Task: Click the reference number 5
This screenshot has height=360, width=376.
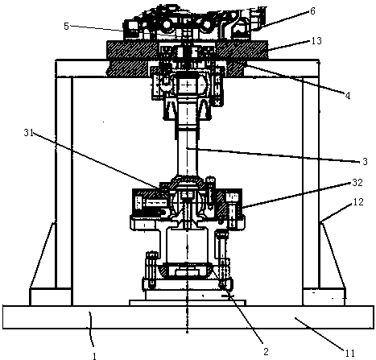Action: point(66,27)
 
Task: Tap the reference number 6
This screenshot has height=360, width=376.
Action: point(312,11)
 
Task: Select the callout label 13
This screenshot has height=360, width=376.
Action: point(316,41)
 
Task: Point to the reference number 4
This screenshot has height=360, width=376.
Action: point(348,95)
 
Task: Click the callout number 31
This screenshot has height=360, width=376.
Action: point(29,132)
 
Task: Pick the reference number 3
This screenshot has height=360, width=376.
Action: point(365,162)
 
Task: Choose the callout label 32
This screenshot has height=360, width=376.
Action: point(357,183)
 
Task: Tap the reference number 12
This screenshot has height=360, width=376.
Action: point(358,202)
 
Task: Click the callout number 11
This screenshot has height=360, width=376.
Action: point(349,353)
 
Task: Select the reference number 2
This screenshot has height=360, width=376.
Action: point(266,351)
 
